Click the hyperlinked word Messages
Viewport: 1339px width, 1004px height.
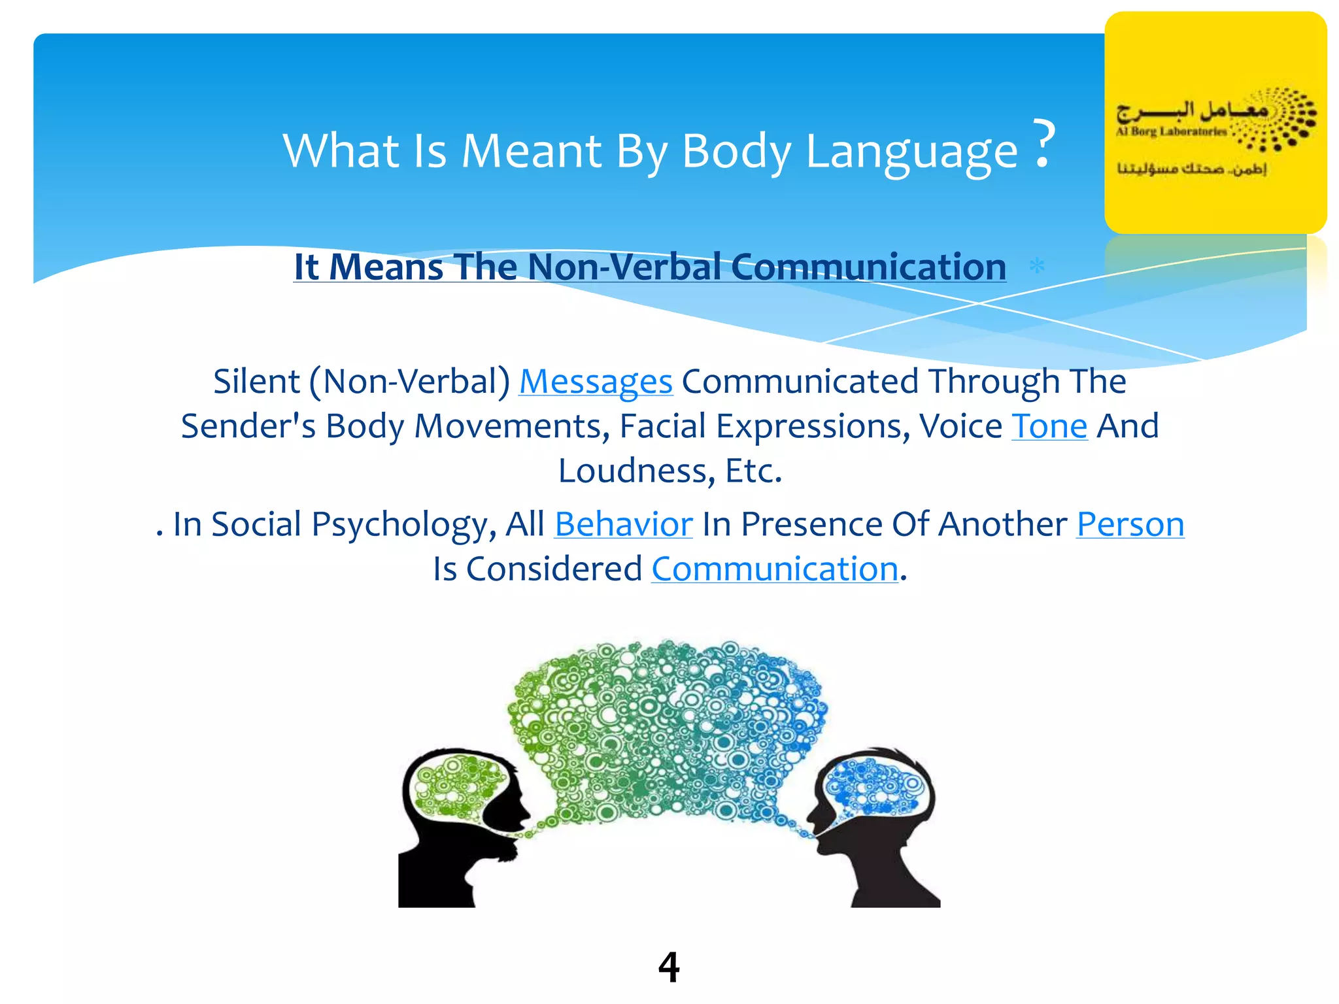click(596, 382)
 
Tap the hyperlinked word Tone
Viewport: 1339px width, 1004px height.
click(1049, 427)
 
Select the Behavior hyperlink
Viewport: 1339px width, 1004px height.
click(623, 525)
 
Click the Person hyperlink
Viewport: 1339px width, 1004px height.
click(1130, 525)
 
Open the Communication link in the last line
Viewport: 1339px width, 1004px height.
click(775, 569)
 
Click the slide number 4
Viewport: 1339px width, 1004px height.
click(669, 967)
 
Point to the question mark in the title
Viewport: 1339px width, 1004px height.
click(1044, 144)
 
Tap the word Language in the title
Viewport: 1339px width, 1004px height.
click(911, 152)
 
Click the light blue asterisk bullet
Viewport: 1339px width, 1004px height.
click(1037, 267)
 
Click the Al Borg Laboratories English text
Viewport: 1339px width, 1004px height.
click(1170, 131)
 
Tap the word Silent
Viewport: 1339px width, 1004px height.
click(256, 382)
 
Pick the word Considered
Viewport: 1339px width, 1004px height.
click(554, 569)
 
